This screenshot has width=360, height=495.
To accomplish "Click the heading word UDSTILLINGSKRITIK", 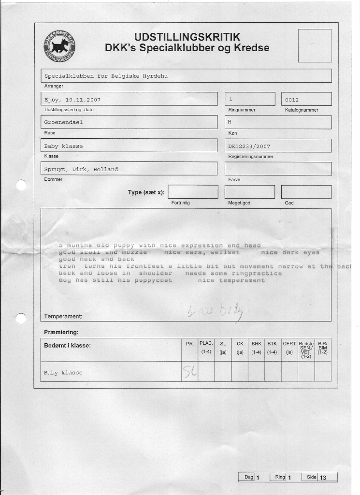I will click(187, 37).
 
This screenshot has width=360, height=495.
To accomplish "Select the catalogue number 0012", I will click(292, 100).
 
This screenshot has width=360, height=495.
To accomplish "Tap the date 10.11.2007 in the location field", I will click(83, 100).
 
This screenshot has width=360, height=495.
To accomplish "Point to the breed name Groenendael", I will click(63, 122).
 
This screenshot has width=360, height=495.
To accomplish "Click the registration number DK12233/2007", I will click(249, 146).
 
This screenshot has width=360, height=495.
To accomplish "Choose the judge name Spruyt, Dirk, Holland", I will click(81, 169).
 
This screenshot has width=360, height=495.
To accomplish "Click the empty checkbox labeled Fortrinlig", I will click(193, 192).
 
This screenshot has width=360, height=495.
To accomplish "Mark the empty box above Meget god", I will click(249, 192).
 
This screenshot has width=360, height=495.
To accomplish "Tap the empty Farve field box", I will click(278, 169).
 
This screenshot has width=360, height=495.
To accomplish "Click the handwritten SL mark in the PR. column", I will click(189, 372).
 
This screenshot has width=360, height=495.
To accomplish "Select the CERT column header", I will click(289, 344).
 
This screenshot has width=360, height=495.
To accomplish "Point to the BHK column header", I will click(256, 344).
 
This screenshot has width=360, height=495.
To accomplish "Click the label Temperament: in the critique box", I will click(63, 317).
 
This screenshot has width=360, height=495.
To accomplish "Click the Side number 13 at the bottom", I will click(323, 478).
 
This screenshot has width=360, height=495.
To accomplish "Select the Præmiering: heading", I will click(61, 332).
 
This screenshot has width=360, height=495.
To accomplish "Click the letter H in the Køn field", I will click(230, 122).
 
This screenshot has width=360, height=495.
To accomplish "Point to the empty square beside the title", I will click(315, 45).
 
